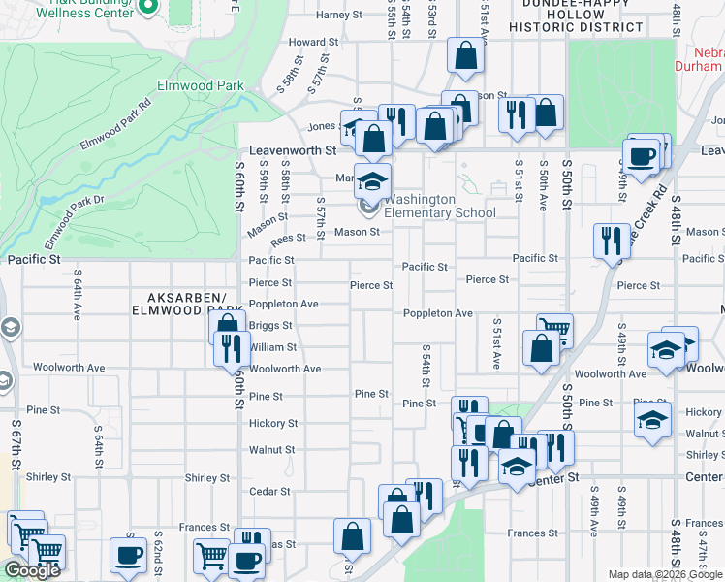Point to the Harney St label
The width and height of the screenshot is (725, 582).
click(x=338, y=16)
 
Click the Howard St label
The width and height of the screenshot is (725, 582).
click(x=313, y=43)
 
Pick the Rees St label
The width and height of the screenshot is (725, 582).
click(x=288, y=239)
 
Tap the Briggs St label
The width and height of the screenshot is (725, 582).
click(x=270, y=326)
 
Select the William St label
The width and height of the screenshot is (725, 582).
click(x=272, y=347)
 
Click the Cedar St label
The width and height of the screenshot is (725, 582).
click(x=269, y=492)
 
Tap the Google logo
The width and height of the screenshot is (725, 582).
click(x=32, y=570)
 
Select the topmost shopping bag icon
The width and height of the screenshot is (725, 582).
click(x=465, y=57)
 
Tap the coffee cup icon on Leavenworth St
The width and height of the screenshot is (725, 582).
click(x=640, y=157)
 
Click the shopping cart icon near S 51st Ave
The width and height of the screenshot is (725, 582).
click(x=554, y=330)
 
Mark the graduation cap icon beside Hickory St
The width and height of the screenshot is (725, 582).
click(x=652, y=421)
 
